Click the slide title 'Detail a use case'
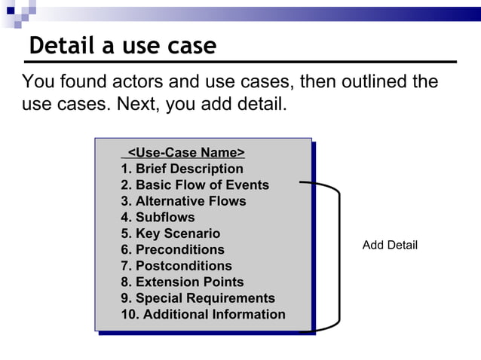coord(123,47)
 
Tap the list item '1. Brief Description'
coord(182,169)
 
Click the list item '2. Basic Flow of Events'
coord(195,185)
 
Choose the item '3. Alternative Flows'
coord(183,201)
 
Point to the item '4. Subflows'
coord(158,218)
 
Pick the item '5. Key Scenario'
coord(170,233)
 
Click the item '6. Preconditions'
coord(173,249)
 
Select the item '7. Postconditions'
coord(176,266)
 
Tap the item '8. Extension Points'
coord(182,282)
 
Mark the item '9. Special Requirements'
coord(198,298)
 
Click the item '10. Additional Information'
coord(203,314)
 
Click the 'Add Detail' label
coord(390,246)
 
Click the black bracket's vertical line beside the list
coord(339,256)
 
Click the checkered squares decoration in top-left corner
coord(17,11)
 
